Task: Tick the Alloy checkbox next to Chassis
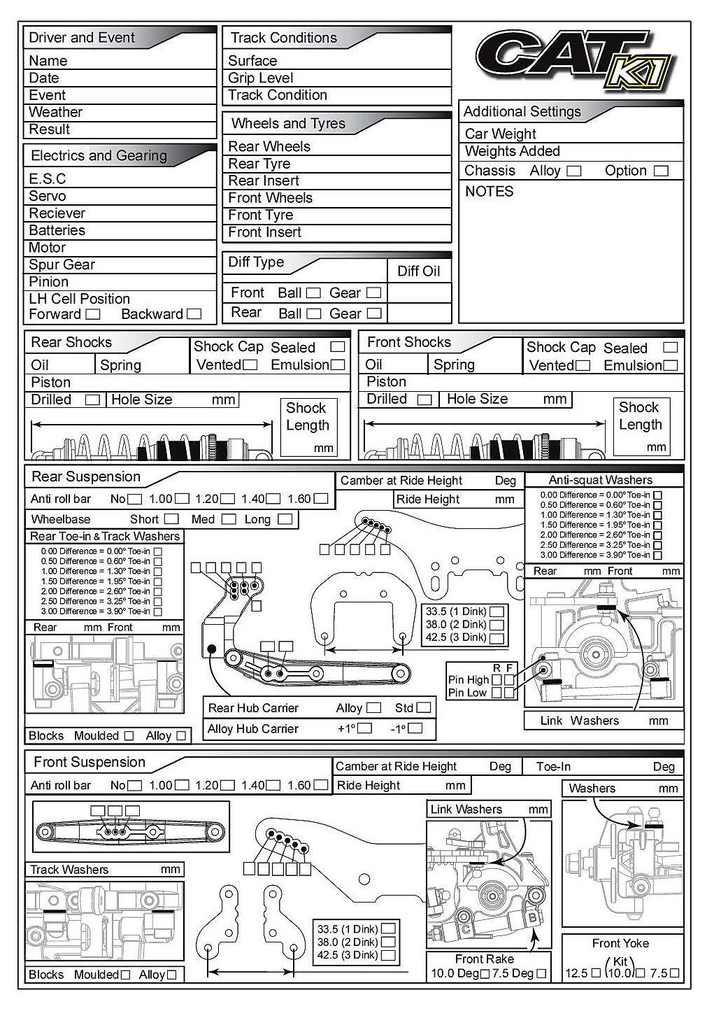point(573,171)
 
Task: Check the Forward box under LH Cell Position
point(93,314)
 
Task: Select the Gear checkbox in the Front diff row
point(374,292)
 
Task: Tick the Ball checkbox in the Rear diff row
point(314,313)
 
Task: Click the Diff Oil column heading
point(418,271)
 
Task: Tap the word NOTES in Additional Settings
point(489,192)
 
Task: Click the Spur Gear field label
point(62,264)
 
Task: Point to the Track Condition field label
point(277,95)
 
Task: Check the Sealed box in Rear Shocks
point(338,347)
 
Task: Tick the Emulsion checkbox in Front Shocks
point(671,365)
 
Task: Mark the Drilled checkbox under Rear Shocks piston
point(92,400)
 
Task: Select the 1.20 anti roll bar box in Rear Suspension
point(227,499)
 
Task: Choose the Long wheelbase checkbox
point(285,519)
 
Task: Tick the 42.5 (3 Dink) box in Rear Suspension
point(497,637)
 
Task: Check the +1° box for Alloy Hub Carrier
point(364,728)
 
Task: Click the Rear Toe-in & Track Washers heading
point(105,537)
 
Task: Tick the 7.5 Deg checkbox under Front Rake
point(541,973)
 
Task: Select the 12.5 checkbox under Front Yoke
point(596,973)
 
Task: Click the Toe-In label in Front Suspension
point(553,767)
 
